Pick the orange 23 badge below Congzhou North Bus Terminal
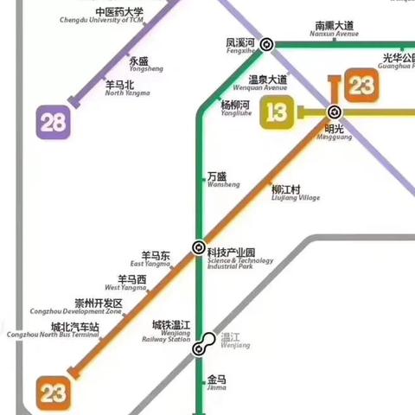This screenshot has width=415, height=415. pos(53,393)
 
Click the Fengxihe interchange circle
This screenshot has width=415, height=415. pos(268,44)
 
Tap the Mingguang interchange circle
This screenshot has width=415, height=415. pos(335,112)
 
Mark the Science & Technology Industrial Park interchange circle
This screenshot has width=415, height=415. pos(200,247)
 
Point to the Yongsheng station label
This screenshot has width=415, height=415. pos(139,65)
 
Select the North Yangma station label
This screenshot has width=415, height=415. pos(119,88)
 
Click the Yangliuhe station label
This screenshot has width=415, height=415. pos(235,108)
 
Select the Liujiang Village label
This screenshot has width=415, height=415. pos(295,194)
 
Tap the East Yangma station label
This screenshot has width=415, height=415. pos(155,259)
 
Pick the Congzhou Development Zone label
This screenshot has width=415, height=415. pos(98,307)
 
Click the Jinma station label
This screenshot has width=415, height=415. pos(216,383)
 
